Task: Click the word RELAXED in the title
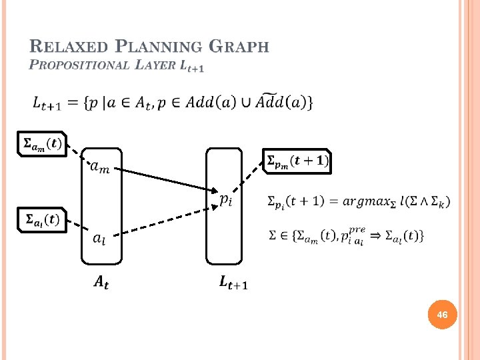[69, 47]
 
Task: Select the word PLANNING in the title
[159, 47]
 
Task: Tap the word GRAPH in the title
[238, 47]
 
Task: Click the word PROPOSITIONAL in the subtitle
[79, 65]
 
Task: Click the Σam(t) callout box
[42, 143]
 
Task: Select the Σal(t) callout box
[42, 219]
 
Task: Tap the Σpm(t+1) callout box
[297, 161]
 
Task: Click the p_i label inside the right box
[226, 198]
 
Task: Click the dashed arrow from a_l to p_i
[167, 220]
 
